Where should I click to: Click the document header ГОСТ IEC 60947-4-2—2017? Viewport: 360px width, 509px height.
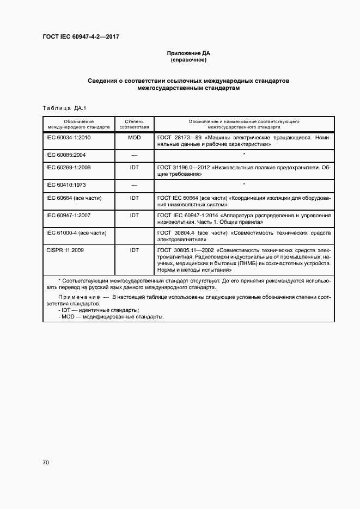pyautogui.click(x=81, y=36)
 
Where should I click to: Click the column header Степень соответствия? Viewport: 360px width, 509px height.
pyautogui.click(x=134, y=123)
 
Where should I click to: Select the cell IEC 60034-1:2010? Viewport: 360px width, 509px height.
pyautogui.click(x=69, y=138)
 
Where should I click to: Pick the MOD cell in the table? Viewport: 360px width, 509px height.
pyautogui.click(x=134, y=138)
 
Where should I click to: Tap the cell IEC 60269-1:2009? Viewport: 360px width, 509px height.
pyautogui.click(x=69, y=168)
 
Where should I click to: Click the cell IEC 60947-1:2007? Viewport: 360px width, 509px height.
pyautogui.click(x=69, y=216)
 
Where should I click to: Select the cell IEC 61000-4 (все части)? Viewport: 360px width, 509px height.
pyautogui.click(x=76, y=232)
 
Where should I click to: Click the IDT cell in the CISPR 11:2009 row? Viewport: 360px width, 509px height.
pyautogui.click(x=134, y=250)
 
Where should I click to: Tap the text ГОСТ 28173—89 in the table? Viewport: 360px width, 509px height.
pyautogui.click(x=178, y=138)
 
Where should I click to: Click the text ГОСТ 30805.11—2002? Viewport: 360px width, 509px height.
pyautogui.click(x=183, y=250)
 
